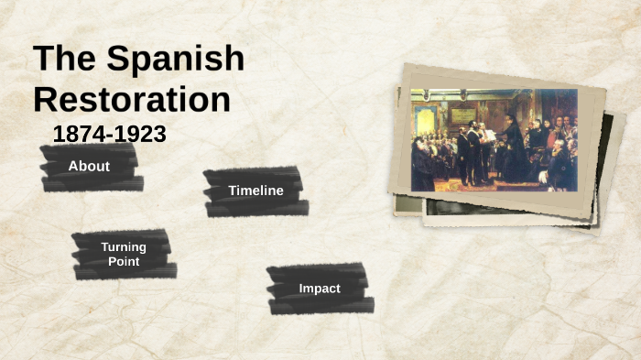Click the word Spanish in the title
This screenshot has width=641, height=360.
pos(176,59)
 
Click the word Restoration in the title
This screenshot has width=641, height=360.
pos(131,99)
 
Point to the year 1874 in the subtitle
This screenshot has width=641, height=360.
pos(78,135)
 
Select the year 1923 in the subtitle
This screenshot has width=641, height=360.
pos(141,135)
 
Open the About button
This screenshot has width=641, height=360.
pos(89,167)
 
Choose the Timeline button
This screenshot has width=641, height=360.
pos(255,191)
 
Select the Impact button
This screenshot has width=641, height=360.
pos(319,289)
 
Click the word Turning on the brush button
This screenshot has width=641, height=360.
pos(123,247)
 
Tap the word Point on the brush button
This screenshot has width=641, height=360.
pos(123,262)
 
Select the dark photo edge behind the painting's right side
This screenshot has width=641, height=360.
pos(605,156)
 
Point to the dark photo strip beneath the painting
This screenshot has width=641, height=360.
pos(494,208)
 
